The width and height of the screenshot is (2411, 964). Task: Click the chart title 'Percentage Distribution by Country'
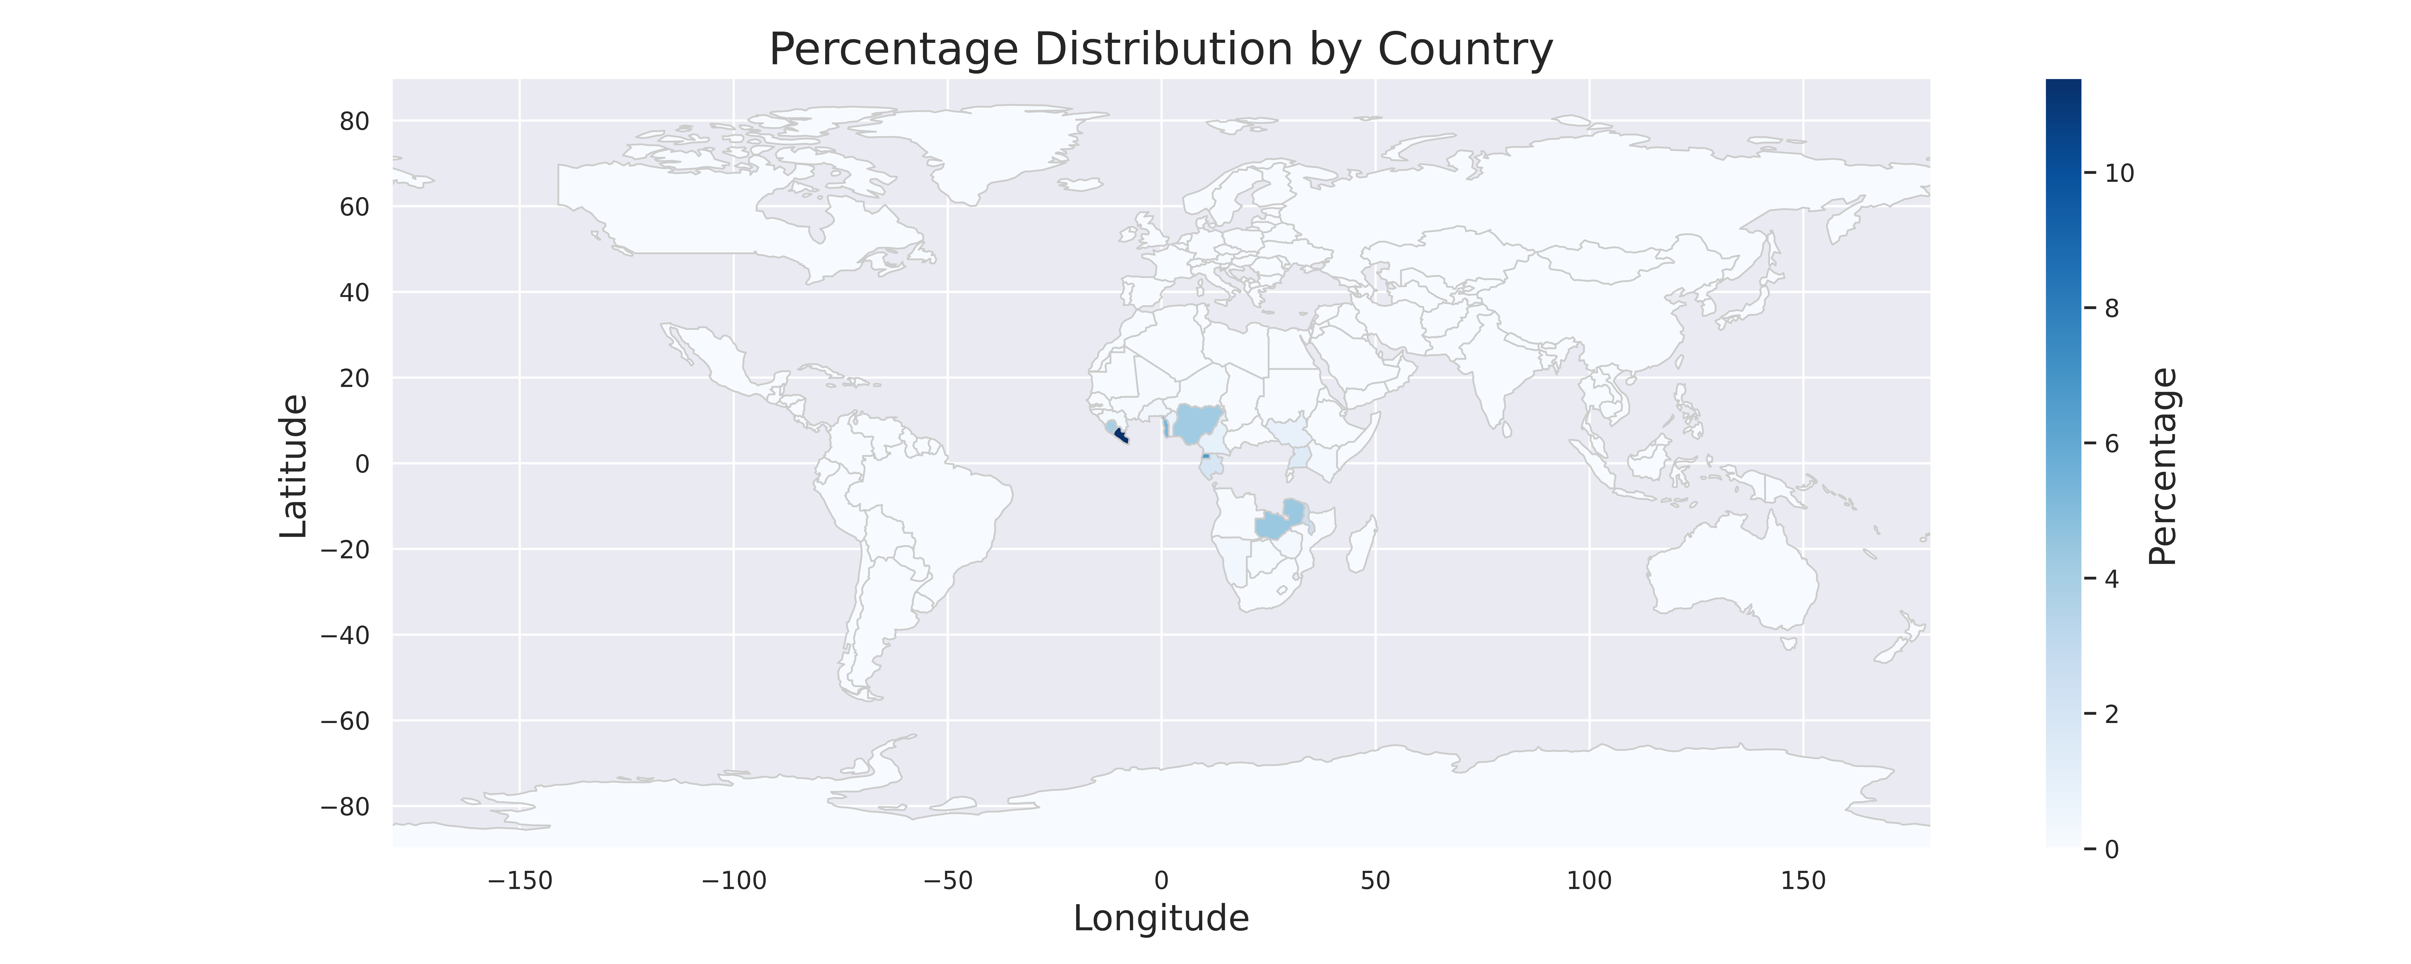[x=1160, y=50]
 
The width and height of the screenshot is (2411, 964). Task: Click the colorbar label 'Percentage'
[x=2163, y=465]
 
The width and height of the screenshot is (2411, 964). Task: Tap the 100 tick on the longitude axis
[x=1589, y=881]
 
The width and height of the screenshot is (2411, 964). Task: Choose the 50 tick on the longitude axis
[x=1375, y=881]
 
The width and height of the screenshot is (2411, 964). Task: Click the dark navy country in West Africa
[x=1120, y=436]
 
